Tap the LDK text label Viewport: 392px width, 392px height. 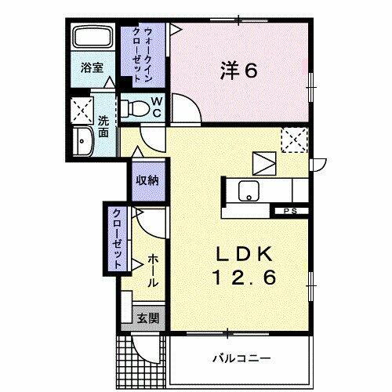click(x=245, y=254)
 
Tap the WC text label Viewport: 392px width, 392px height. click(x=156, y=106)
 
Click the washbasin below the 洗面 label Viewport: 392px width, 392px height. click(x=82, y=143)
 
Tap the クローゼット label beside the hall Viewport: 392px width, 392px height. click(x=116, y=238)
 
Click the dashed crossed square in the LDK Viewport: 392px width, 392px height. click(x=292, y=141)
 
